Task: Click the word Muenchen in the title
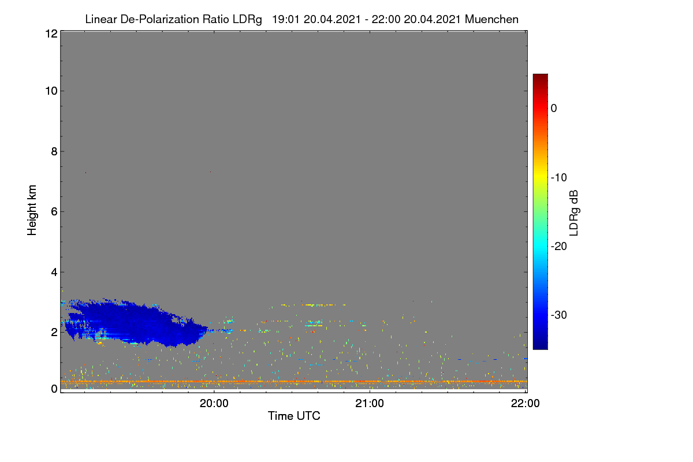[491, 19]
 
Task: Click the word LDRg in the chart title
[247, 20]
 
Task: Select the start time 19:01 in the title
[285, 19]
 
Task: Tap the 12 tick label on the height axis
[51, 33]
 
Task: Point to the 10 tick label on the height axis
[51, 91]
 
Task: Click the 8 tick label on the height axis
[54, 151]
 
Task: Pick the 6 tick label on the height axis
[54, 212]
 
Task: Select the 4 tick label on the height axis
[54, 272]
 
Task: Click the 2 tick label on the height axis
[54, 332]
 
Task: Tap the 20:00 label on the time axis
[214, 404]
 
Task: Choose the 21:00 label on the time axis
[370, 404]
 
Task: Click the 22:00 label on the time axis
[525, 404]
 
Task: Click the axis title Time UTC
[294, 416]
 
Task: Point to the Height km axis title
[32, 210]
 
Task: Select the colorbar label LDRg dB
[574, 213]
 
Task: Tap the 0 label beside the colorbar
[554, 109]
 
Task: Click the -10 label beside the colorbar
[559, 178]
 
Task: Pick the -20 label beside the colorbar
[559, 247]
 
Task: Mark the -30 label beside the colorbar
[559, 315]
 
